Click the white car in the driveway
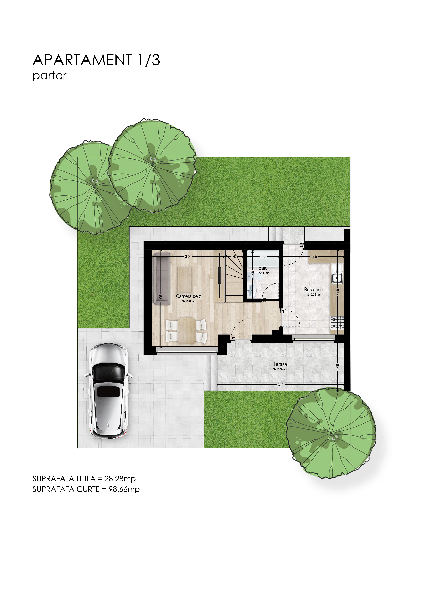click(x=108, y=390)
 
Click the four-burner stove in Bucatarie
click(x=337, y=323)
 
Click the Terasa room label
click(x=280, y=364)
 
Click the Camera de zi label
click(x=189, y=296)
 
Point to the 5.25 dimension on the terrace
click(x=281, y=384)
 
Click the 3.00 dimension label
click(x=188, y=256)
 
